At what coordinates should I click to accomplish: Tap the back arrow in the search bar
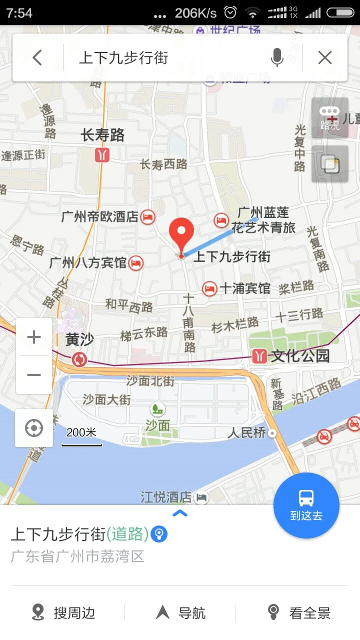coord(37,58)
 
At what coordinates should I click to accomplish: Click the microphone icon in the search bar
coord(277,58)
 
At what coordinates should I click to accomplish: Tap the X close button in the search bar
coord(325,58)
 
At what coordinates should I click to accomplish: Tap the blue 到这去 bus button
coord(306,505)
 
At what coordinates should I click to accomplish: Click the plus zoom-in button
coord(34,337)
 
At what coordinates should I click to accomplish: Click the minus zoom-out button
coord(34,375)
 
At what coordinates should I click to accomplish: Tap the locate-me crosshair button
coord(34,428)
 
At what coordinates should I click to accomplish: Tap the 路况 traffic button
coord(329,118)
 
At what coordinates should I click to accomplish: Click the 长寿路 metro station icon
coord(102,155)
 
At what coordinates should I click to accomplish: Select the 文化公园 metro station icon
coord(259,356)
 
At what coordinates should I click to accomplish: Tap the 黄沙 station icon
coord(79,359)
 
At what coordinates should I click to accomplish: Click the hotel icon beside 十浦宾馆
coord(209,288)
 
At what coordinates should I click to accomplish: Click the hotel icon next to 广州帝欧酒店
coord(148,216)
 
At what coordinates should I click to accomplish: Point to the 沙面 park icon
coord(158,409)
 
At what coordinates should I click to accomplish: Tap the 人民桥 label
coord(247,432)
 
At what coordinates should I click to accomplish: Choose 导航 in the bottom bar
coord(181,612)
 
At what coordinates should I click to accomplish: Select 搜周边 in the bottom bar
coord(63,612)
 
